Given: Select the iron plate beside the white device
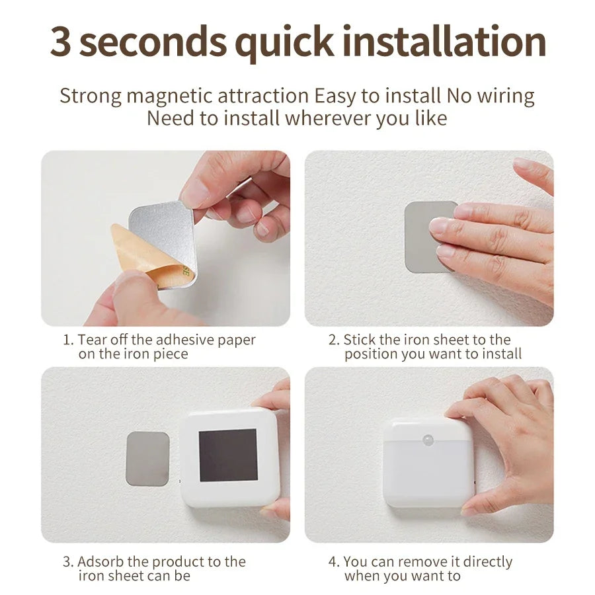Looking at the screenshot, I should pos(147,459).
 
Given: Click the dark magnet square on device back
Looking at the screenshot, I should pos(227,455).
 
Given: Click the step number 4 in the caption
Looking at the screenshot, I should pos(333,562).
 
